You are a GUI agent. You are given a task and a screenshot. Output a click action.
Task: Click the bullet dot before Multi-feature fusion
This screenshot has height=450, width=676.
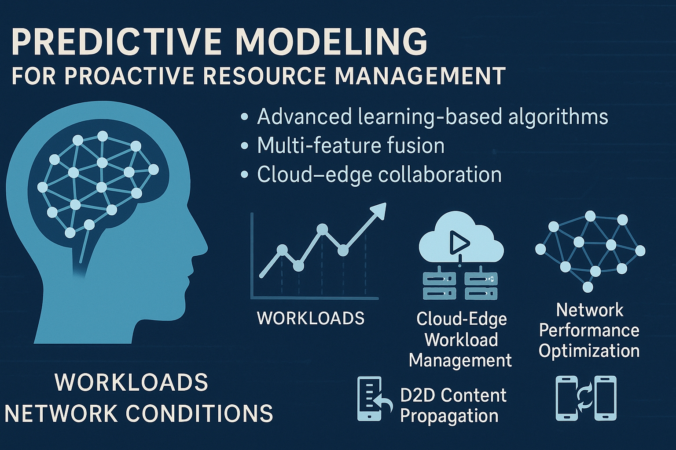[244, 146]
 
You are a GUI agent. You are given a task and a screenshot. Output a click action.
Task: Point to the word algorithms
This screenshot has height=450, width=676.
[558, 117]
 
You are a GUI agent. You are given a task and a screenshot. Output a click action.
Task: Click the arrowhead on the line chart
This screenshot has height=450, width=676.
[378, 210]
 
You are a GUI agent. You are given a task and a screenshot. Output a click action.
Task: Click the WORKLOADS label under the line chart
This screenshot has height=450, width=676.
[311, 318]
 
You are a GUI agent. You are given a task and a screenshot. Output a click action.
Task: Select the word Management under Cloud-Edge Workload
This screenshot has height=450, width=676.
[460, 360]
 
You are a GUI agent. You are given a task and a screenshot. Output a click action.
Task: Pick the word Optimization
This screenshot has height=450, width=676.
[589, 351]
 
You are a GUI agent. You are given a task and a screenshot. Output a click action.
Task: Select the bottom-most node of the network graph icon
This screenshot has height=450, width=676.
[588, 287]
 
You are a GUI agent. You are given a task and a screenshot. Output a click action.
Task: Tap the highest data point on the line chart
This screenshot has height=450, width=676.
[322, 229]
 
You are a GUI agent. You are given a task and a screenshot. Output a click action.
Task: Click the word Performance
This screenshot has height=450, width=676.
[589, 330]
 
